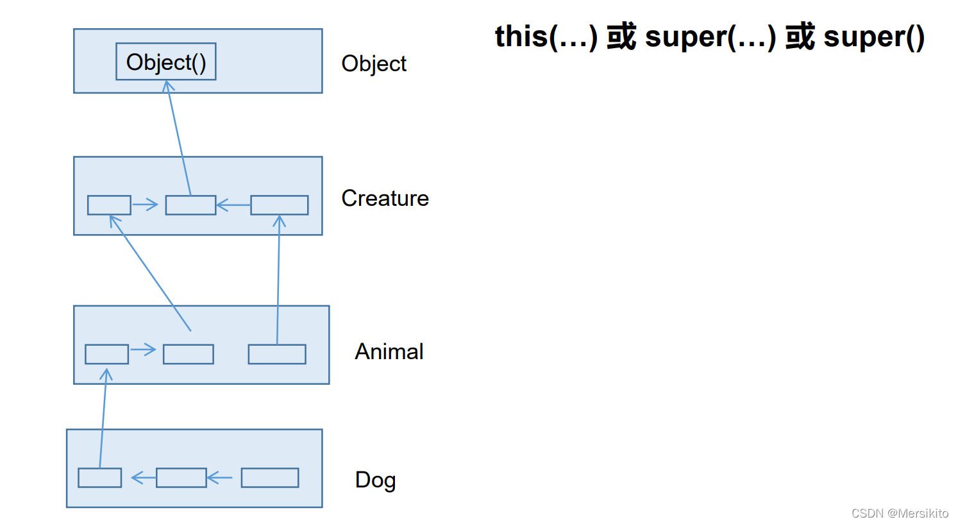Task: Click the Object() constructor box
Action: [165, 62]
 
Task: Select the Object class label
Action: [374, 63]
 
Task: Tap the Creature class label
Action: [385, 198]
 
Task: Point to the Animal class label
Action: [389, 351]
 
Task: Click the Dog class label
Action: [375, 480]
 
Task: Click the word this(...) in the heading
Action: [546, 37]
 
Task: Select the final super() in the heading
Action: [873, 37]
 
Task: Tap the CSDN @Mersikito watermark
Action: [899, 513]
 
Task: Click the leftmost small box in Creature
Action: [109, 205]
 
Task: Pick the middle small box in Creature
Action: [190, 205]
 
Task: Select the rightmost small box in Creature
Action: [279, 205]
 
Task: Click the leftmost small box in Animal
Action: [106, 354]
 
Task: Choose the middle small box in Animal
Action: [188, 354]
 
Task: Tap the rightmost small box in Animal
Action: [277, 354]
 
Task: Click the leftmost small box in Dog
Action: [99, 478]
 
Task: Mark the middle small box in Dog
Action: [181, 478]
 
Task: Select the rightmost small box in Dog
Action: [269, 478]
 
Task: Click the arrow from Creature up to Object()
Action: [179, 138]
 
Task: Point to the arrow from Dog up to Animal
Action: [103, 417]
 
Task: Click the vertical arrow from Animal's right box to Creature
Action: [278, 279]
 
